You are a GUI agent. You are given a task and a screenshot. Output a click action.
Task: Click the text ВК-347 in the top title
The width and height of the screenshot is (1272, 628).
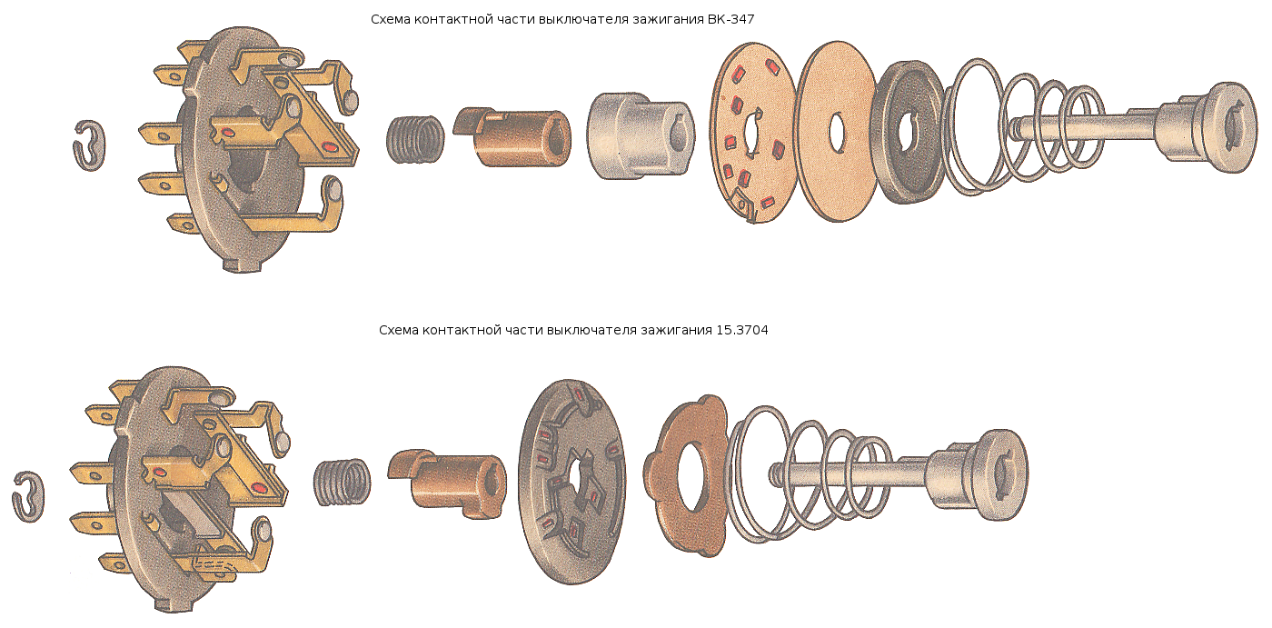point(730,19)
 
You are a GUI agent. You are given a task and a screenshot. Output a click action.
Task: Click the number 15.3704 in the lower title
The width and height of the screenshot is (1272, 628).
point(742,330)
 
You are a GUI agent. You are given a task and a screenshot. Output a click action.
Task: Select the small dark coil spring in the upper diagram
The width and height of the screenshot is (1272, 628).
point(416,140)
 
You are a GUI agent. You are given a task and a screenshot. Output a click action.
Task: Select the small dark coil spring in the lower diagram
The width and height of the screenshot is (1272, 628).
point(342,483)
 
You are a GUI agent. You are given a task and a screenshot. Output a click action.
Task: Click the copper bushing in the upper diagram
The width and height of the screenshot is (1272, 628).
point(512,136)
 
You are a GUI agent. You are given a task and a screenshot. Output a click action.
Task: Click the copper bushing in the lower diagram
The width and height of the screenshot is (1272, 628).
point(447,483)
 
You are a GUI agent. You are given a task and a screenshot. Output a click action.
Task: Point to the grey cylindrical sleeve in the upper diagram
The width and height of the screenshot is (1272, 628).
point(641,136)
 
